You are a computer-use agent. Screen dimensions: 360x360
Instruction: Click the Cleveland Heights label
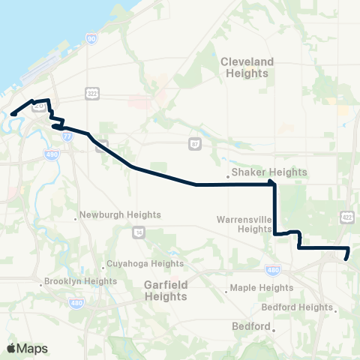245,67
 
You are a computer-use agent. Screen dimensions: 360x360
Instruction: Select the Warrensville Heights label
243,224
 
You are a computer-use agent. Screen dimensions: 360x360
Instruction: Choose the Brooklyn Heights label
82,281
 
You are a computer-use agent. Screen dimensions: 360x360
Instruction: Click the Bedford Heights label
297,307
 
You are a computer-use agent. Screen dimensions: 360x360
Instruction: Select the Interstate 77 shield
67,136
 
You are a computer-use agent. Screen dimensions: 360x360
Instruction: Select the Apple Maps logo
27,348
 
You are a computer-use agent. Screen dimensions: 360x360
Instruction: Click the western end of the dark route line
13,114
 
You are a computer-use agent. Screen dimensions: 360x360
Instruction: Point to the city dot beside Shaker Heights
229,178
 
